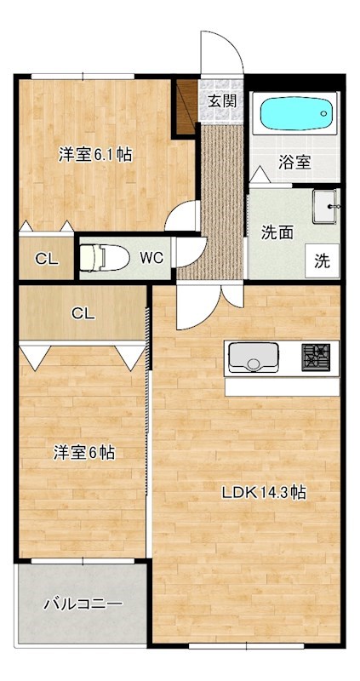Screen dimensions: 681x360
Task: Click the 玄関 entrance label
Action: click(x=222, y=100)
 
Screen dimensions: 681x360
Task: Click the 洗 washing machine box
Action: click(x=323, y=260)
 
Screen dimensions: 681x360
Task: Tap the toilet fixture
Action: click(x=105, y=257)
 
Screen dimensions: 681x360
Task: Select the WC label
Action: click(x=151, y=257)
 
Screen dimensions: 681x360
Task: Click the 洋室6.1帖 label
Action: click(x=94, y=155)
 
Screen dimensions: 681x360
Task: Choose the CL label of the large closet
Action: click(x=83, y=313)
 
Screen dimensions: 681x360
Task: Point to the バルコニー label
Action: click(x=83, y=604)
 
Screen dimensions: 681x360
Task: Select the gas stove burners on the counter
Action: click(x=317, y=355)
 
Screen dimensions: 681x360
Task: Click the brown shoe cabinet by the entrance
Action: click(x=186, y=106)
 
